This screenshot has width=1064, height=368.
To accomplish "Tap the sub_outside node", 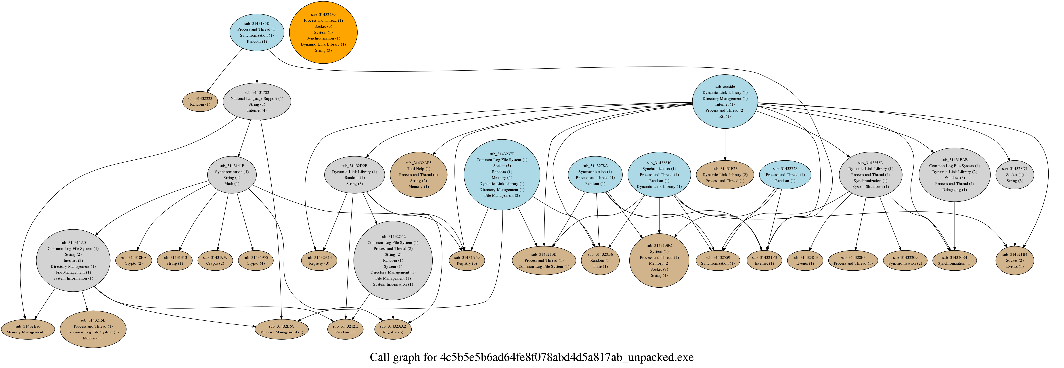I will (x=725, y=102).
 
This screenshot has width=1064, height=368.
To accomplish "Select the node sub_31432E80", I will (x=28, y=329).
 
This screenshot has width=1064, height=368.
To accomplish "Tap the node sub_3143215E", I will (x=93, y=329).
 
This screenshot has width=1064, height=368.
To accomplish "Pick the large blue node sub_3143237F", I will (x=502, y=175).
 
